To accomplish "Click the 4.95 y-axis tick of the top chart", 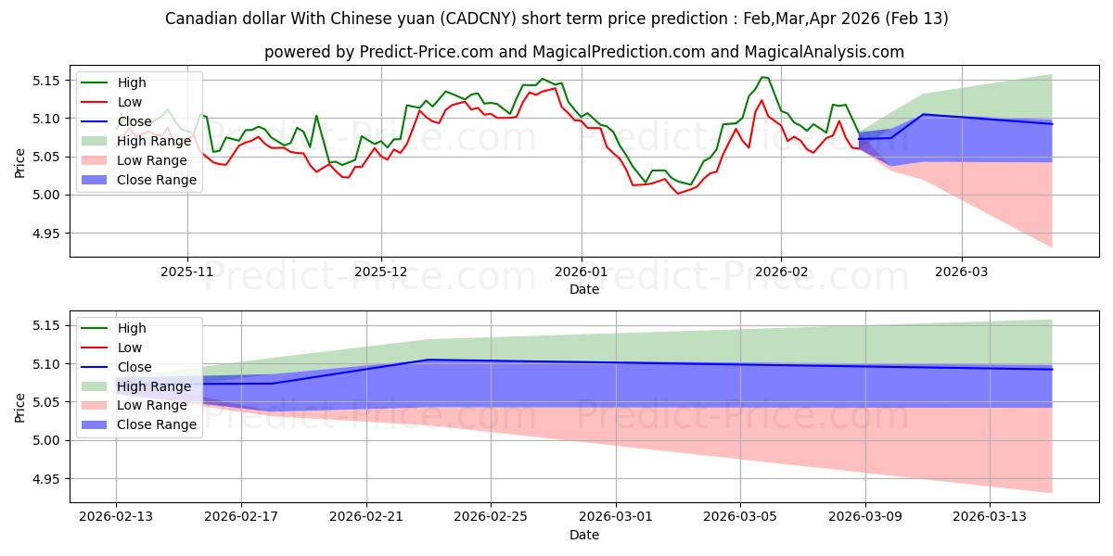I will click(x=45, y=234).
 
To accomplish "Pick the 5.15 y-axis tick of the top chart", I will click(x=45, y=81).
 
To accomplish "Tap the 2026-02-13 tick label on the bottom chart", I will click(x=116, y=517).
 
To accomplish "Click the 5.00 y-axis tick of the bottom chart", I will click(x=45, y=440).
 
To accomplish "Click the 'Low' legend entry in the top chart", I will click(x=131, y=102).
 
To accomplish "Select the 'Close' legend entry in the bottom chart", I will click(x=135, y=367).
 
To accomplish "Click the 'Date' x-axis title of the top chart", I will click(x=584, y=289).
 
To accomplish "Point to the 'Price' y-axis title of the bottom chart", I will click(x=20, y=407).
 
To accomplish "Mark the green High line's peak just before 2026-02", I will click(x=762, y=77).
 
